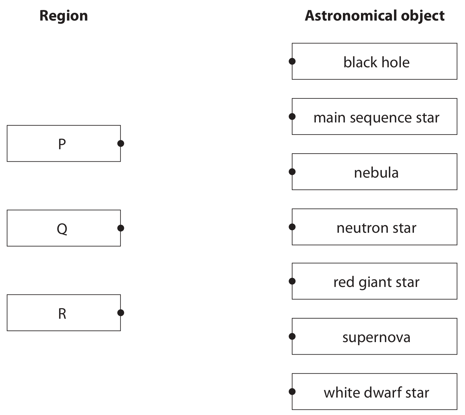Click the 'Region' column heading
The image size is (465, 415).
pyautogui.click(x=64, y=16)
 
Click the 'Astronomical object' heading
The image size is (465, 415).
pyautogui.click(x=375, y=16)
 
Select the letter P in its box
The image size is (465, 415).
pyautogui.click(x=62, y=144)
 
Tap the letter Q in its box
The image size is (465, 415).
pyautogui.click(x=62, y=229)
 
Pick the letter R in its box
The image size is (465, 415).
pyautogui.click(x=62, y=313)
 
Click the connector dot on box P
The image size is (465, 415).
pyautogui.click(x=121, y=144)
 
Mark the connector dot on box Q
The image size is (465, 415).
pyautogui.click(x=121, y=228)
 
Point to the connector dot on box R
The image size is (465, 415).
pyautogui.click(x=121, y=312)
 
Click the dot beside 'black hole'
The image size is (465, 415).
pyautogui.click(x=292, y=61)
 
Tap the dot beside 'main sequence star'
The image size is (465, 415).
pyautogui.click(x=292, y=117)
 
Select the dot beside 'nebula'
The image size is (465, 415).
pyautogui.click(x=292, y=172)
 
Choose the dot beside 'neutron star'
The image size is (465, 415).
pyautogui.click(x=292, y=227)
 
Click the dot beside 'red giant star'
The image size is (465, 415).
pyautogui.click(x=292, y=281)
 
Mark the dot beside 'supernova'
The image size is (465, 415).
pyautogui.click(x=292, y=336)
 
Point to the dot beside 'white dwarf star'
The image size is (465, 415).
pyautogui.click(x=292, y=392)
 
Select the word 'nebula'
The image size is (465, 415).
pyautogui.click(x=377, y=173)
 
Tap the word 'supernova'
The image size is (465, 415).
pyautogui.click(x=377, y=338)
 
